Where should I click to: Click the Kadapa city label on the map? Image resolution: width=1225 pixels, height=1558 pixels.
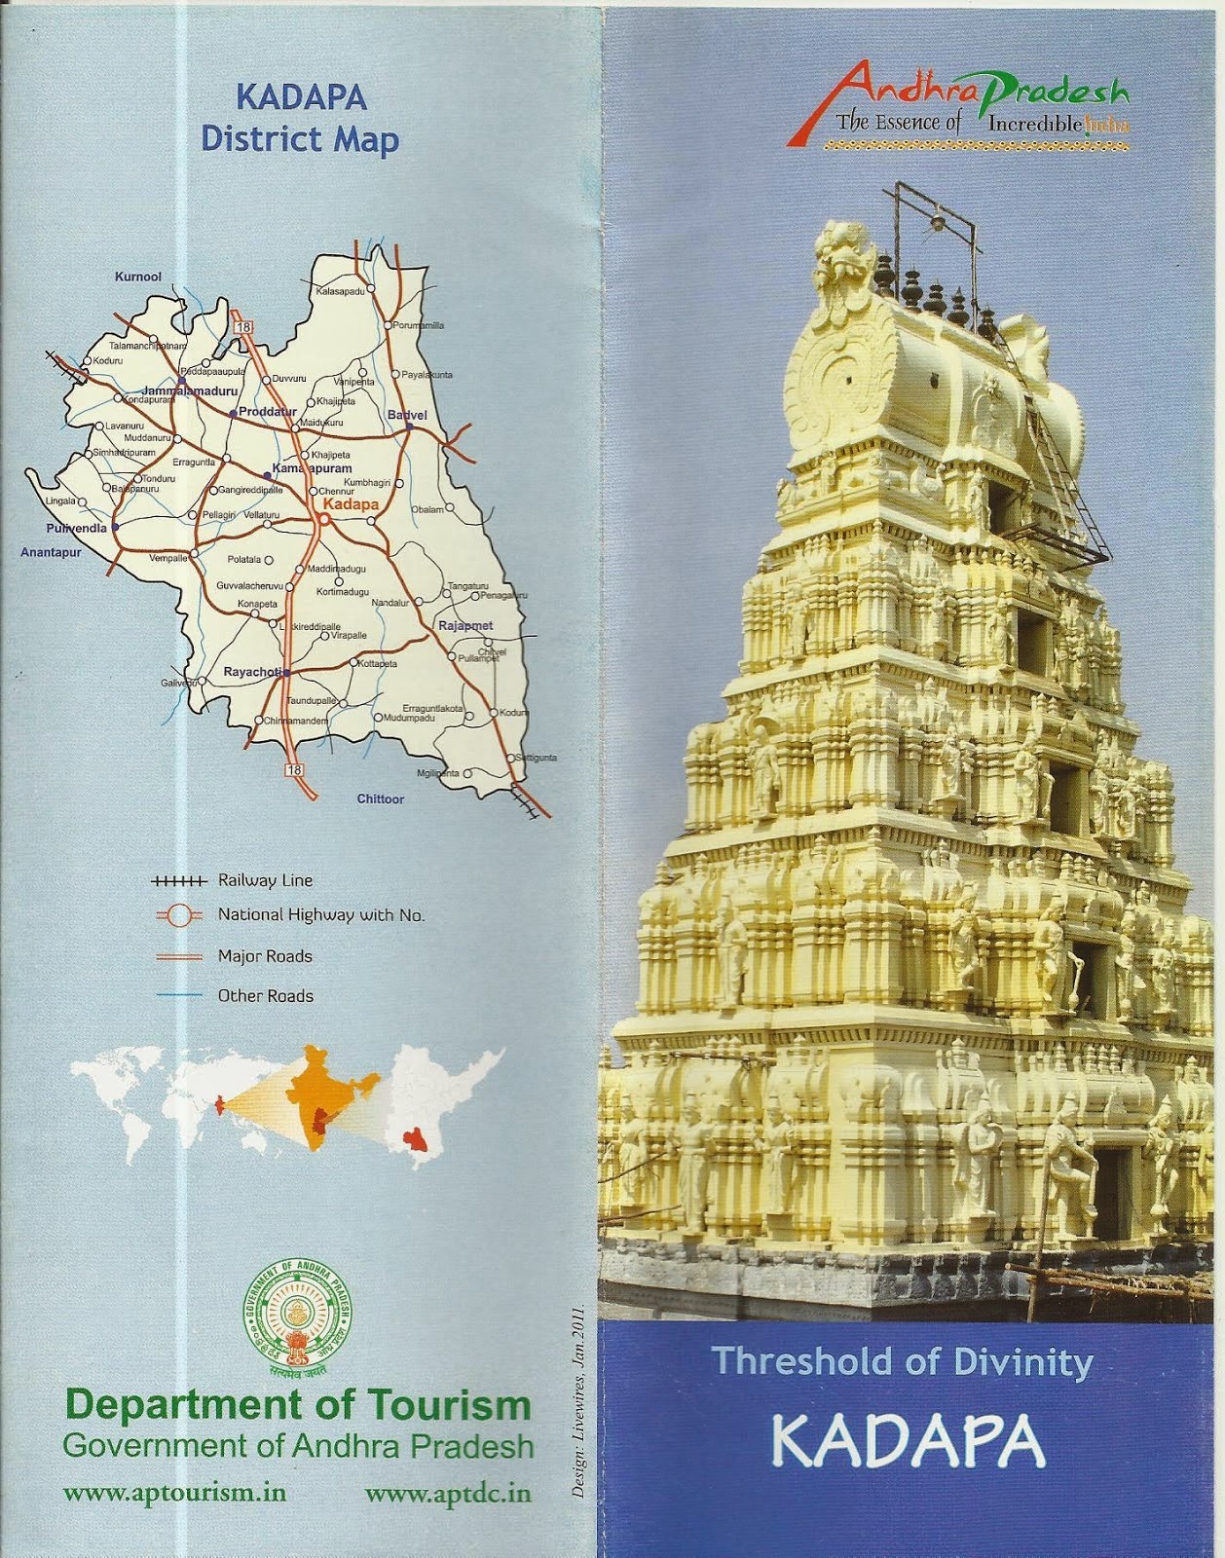[350, 504]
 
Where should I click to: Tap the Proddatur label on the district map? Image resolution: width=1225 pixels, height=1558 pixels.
[267, 412]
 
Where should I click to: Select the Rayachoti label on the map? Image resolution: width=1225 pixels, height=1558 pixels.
[252, 672]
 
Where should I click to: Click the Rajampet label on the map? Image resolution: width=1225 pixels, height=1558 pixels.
[465, 625]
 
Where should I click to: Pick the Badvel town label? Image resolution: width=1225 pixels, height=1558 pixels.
[407, 415]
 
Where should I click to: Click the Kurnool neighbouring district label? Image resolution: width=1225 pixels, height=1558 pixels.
[137, 277]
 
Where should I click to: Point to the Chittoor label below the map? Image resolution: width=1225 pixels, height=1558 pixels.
[380, 798]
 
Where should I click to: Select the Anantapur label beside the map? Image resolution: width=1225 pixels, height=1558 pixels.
[50, 552]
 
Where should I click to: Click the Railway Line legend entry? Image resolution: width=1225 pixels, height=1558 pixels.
[265, 880]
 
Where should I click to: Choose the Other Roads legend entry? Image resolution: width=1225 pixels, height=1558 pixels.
[265, 995]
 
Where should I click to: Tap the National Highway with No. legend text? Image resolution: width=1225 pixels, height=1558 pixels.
[320, 914]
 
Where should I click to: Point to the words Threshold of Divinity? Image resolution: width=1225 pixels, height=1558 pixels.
[902, 1361]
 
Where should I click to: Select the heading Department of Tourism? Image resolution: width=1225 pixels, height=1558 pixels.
[298, 1405]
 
